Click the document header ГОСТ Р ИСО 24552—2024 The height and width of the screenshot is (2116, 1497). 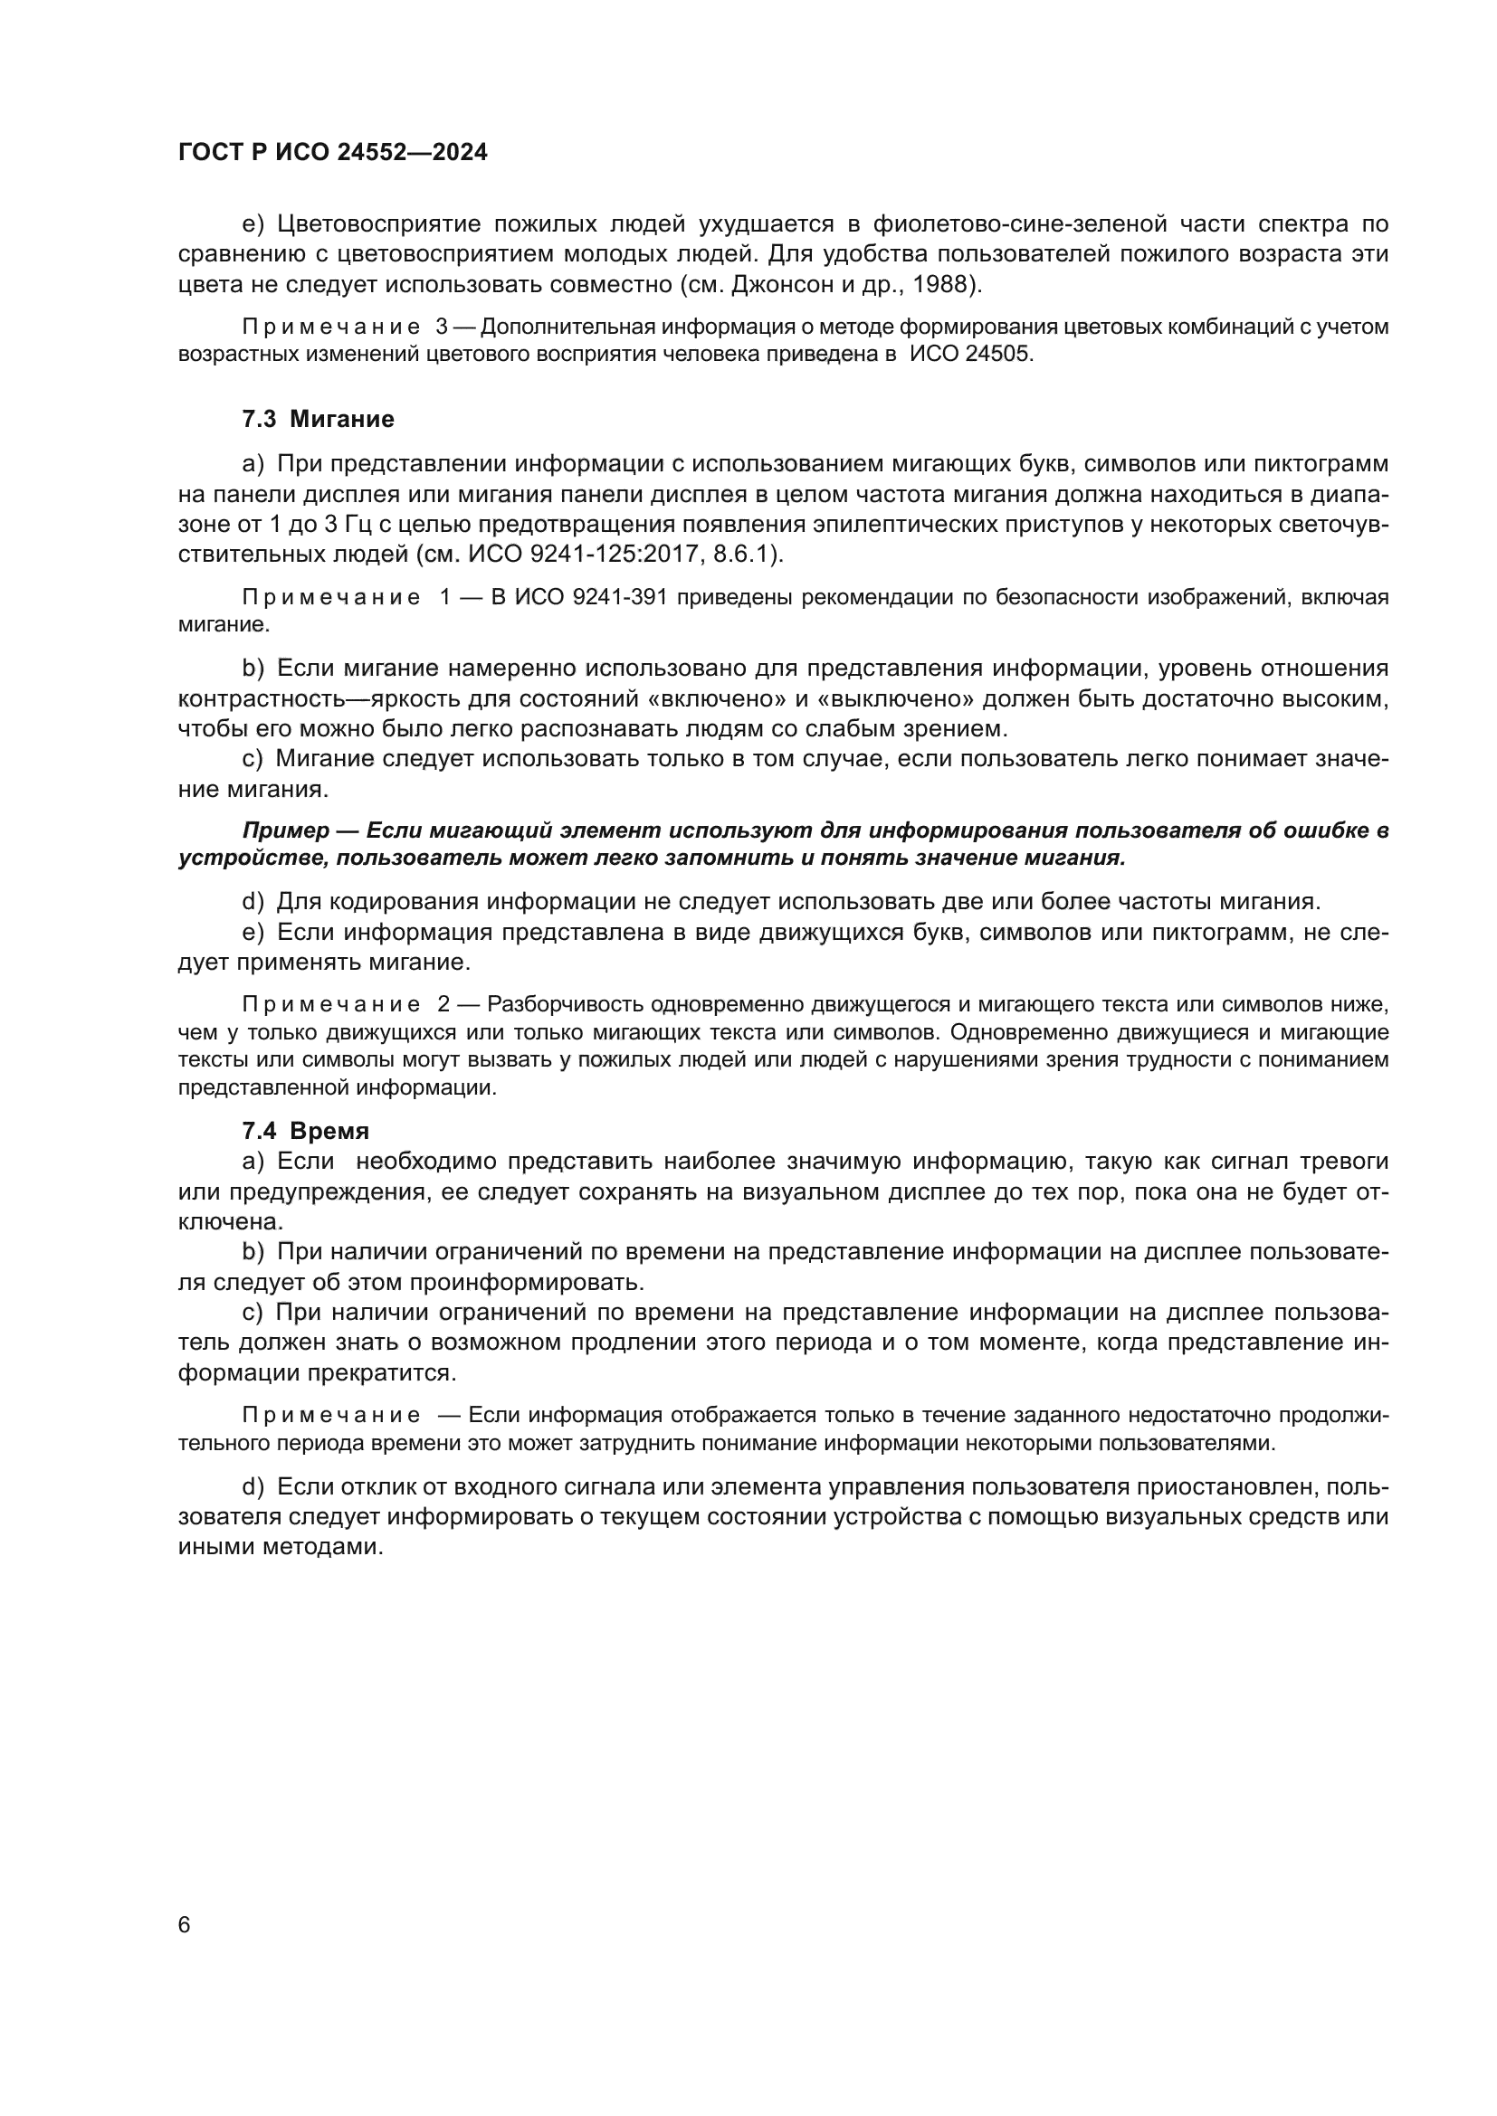click(x=333, y=153)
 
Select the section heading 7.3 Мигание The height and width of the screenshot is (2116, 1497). click(x=318, y=420)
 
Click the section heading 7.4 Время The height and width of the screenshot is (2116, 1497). click(x=305, y=1131)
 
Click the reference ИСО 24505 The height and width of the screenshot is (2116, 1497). click(x=970, y=354)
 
